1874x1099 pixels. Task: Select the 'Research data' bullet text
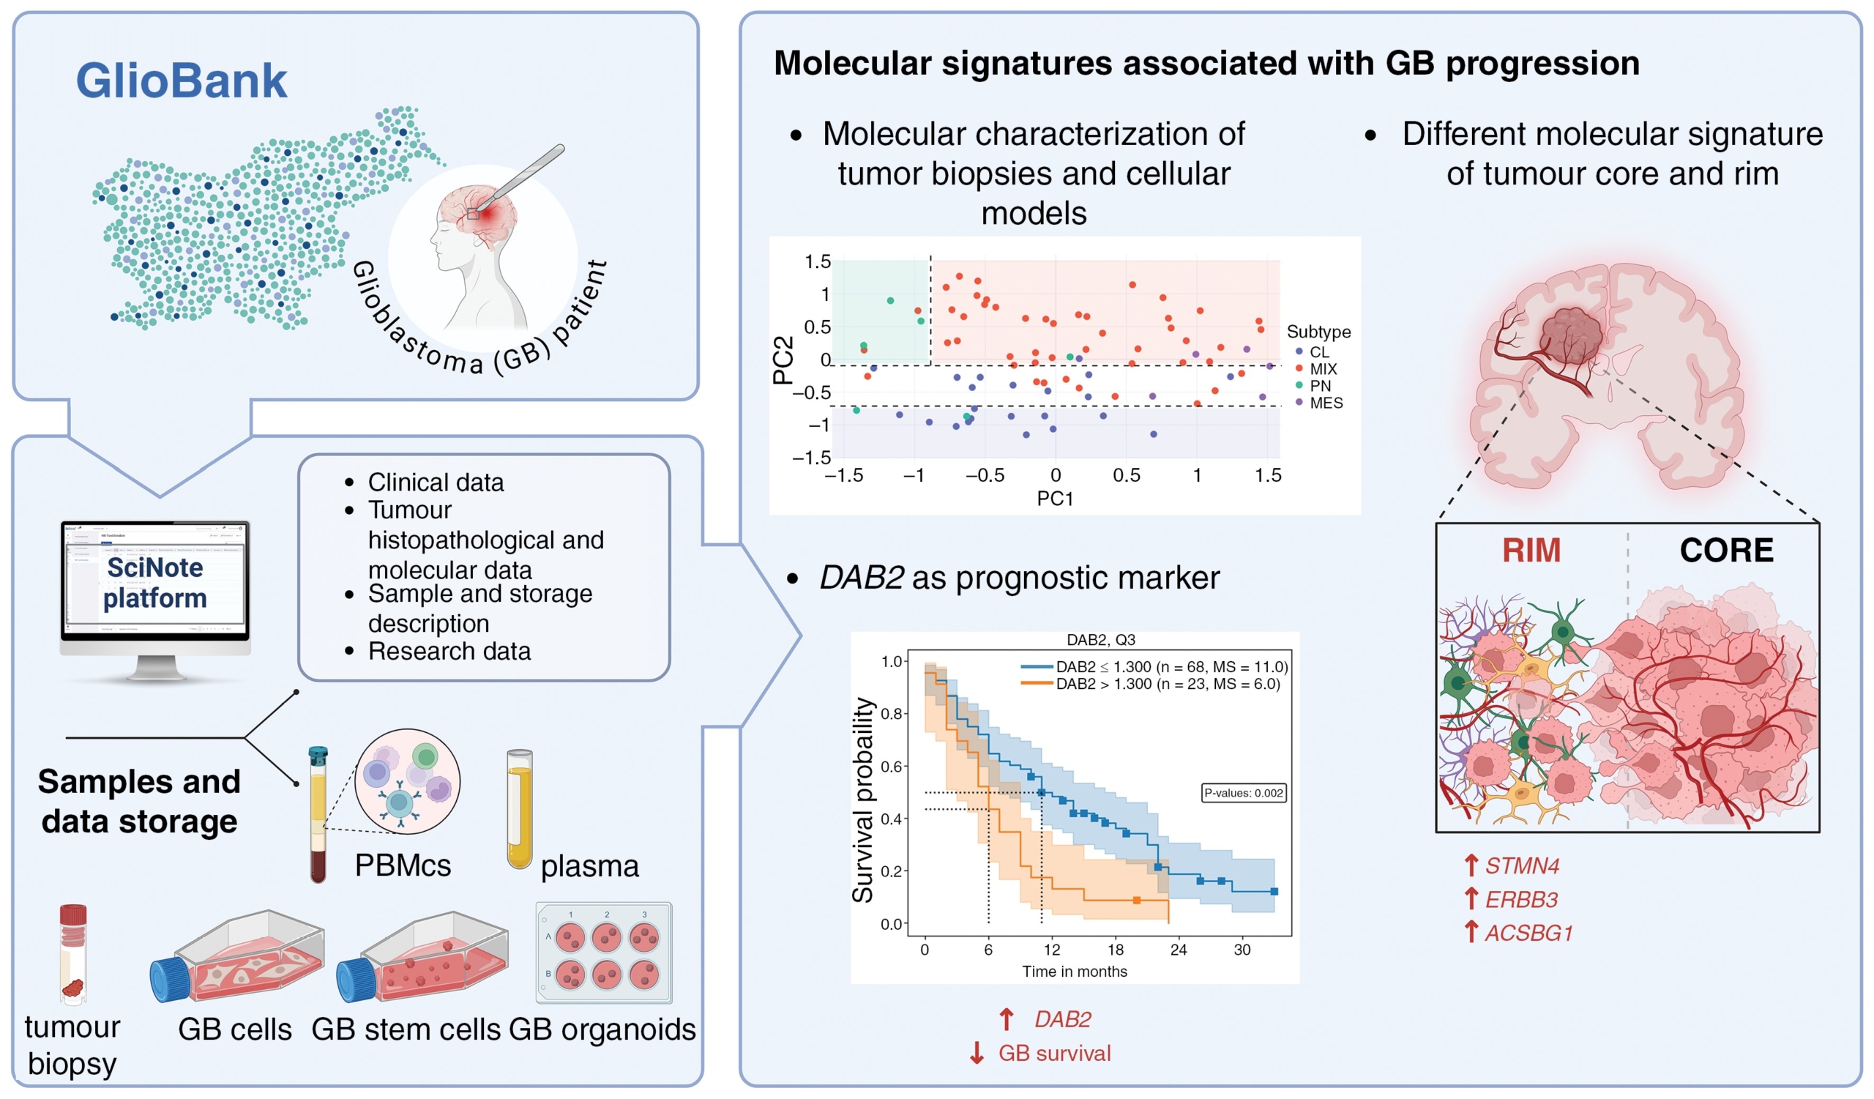[449, 652]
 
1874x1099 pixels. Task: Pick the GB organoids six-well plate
[604, 953]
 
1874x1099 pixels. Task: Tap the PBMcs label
[403, 865]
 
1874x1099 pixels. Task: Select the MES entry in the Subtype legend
[1325, 403]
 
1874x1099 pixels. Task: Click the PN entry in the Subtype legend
[1319, 386]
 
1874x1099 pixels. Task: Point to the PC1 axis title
[1055, 498]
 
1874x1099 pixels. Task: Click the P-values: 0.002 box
[1244, 793]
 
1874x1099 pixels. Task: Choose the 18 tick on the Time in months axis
[1115, 950]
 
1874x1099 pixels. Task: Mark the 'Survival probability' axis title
[862, 800]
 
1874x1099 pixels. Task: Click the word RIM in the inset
[1531, 551]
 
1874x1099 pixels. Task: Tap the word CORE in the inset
[1726, 551]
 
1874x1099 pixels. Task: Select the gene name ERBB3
[1520, 900]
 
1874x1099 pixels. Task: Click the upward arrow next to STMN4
[1470, 865]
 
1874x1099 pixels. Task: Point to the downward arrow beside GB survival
[977, 1053]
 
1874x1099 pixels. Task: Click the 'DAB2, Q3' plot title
[1100, 639]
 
